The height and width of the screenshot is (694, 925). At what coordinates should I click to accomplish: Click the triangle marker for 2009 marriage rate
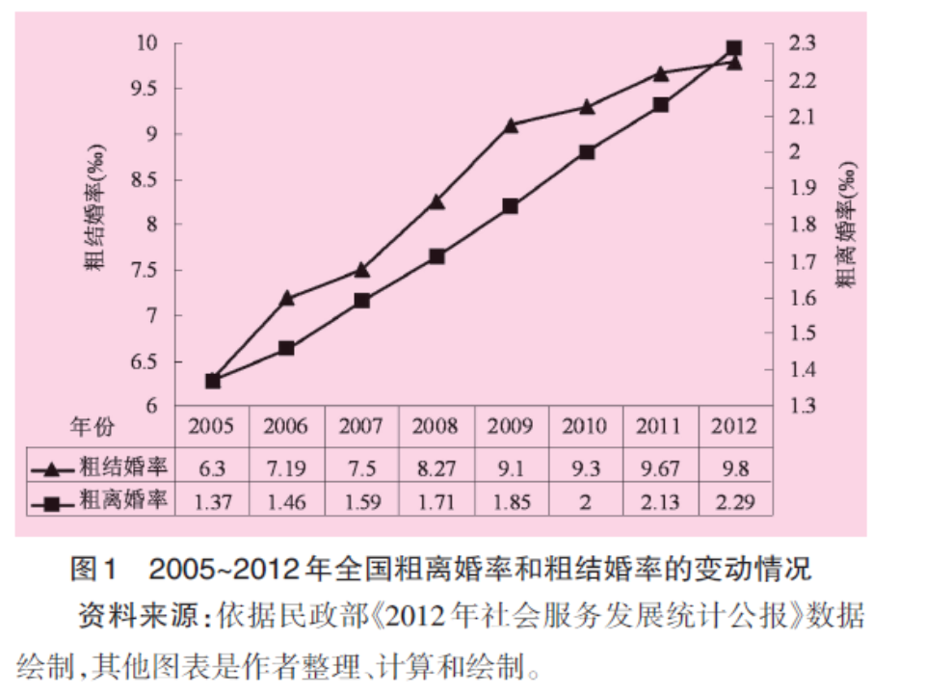point(511,124)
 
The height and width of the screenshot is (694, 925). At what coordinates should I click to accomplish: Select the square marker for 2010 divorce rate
point(586,152)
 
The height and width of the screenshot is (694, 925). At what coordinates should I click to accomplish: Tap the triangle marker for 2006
point(286,298)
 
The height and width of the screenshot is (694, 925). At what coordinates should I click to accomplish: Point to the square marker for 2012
point(733,47)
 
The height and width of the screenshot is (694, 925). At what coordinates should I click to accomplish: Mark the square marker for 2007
point(361,301)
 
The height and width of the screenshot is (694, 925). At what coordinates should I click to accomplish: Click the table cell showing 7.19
point(286,469)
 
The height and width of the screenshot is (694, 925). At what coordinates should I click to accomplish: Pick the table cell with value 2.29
point(733,501)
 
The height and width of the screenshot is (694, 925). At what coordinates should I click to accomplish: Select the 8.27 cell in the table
point(436,469)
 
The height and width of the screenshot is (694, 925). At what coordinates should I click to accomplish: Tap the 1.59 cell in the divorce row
point(361,501)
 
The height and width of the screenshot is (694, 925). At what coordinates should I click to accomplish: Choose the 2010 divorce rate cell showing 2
point(585,501)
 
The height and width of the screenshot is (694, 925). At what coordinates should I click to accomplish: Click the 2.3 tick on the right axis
point(802,43)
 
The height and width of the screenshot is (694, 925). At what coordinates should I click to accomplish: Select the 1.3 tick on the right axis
point(802,406)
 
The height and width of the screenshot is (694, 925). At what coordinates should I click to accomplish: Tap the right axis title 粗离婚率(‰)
point(844,224)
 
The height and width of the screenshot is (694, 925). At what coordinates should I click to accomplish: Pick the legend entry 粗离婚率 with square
point(101,501)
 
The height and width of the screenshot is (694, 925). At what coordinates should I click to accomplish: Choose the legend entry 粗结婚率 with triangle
point(101,469)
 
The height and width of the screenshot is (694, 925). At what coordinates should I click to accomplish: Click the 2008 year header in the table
point(436,426)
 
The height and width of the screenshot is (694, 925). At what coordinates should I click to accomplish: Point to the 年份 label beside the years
point(92,426)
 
